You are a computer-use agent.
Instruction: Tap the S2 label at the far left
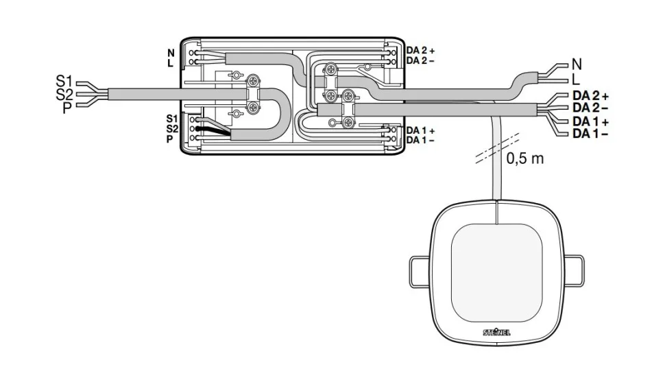[64, 95]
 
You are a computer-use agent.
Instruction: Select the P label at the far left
[66, 107]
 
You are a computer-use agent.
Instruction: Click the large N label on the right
[577, 64]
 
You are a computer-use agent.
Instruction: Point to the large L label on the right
[576, 79]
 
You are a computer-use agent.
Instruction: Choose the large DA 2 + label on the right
[590, 96]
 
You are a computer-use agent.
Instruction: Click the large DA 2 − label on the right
[590, 108]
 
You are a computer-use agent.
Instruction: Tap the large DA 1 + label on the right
[590, 121]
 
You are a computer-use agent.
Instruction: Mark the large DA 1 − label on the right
[590, 133]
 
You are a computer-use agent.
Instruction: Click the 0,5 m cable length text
[524, 158]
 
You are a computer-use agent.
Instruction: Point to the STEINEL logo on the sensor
[497, 333]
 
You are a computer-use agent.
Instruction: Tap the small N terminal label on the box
[171, 52]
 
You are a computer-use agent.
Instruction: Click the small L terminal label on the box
[171, 63]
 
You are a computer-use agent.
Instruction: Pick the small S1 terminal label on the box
[171, 118]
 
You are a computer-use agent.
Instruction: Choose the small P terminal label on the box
[169, 139]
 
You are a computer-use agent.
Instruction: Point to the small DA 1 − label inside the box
[420, 140]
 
